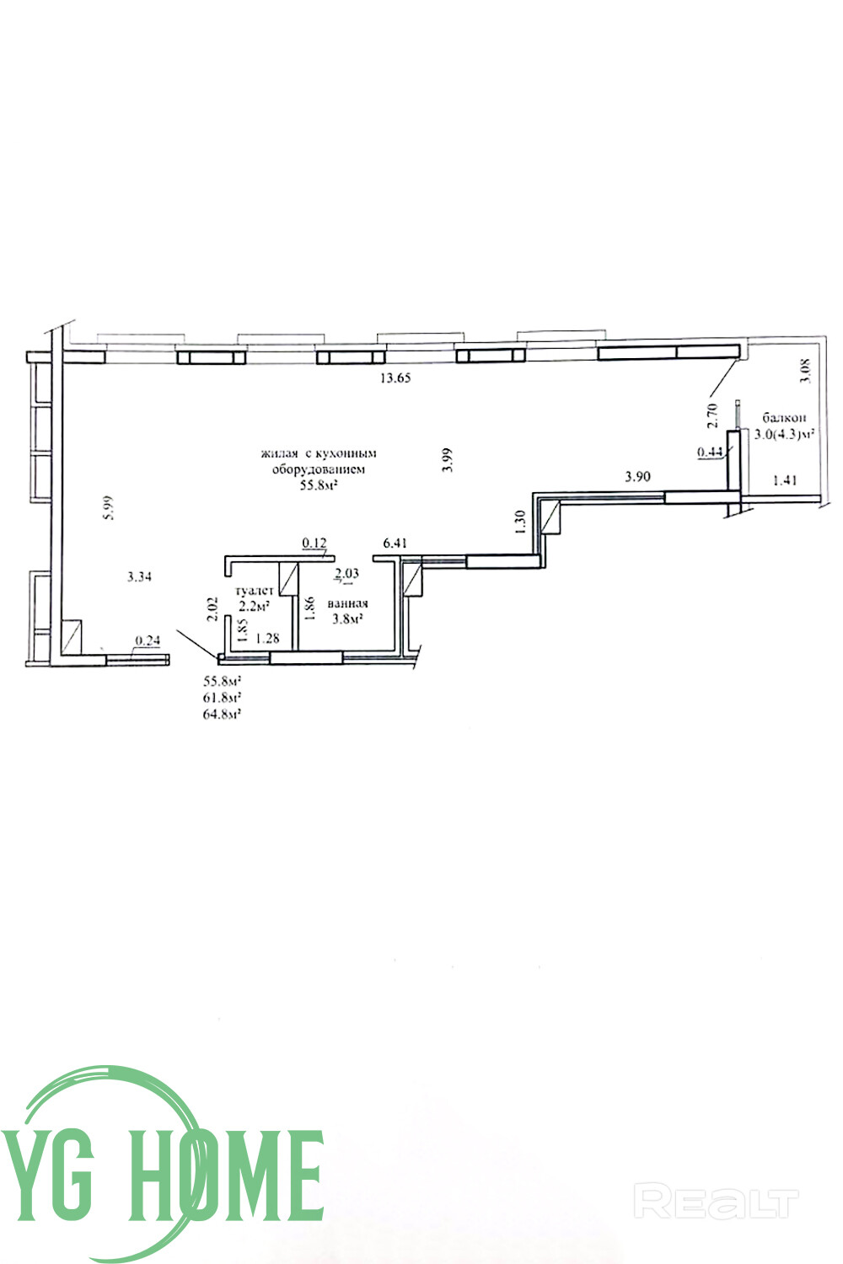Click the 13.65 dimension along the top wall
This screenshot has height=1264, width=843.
395,378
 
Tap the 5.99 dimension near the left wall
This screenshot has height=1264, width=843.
109,507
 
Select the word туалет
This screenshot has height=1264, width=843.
254,591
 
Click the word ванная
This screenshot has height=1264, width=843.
348,603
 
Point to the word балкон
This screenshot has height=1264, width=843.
784,418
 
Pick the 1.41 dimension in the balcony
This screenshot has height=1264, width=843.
784,480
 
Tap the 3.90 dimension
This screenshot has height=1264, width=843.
637,477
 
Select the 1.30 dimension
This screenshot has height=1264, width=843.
521,522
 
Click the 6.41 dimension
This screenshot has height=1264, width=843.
395,544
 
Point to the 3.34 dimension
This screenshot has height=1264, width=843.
139,576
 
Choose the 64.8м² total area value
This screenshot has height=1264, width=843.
223,715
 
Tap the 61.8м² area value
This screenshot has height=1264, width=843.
223,698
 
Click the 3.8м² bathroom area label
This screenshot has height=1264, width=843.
347,619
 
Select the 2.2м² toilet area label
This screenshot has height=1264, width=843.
254,607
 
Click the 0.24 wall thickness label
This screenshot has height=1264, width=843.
148,640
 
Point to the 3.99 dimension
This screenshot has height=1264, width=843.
447,460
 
